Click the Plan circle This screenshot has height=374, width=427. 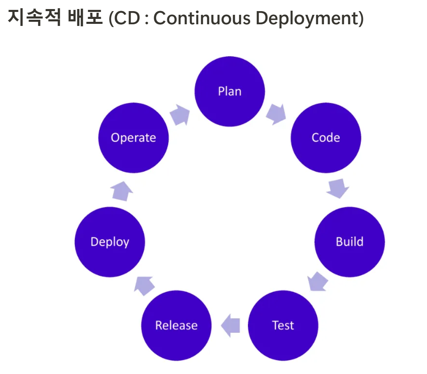click(x=230, y=91)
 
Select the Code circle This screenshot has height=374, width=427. click(x=326, y=138)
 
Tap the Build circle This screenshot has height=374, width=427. click(x=350, y=242)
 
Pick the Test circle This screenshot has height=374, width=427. click(x=283, y=325)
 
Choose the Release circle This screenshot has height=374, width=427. click(x=176, y=325)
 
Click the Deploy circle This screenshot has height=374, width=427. click(x=110, y=242)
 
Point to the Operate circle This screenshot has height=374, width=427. click(x=134, y=138)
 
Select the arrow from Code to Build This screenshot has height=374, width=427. click(x=338, y=188)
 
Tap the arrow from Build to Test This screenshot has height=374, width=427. click(x=317, y=281)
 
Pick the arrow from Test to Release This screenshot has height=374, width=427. click(x=231, y=325)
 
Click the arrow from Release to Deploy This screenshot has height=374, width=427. click(x=144, y=286)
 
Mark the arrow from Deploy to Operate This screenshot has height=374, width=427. click(x=122, y=191)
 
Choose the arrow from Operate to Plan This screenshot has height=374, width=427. click(x=180, y=115)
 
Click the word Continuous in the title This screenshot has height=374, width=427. click(x=202, y=18)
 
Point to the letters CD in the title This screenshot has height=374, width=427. click(x=127, y=18)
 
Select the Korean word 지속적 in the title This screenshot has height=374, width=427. click(x=35, y=17)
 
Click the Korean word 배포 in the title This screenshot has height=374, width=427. click(x=85, y=17)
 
